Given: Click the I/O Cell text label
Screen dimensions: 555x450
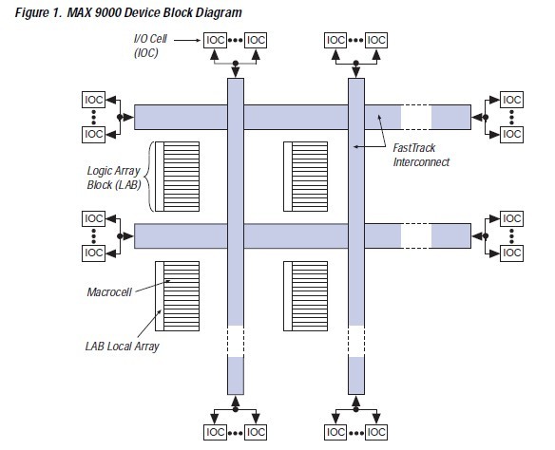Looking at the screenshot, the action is coord(150,39).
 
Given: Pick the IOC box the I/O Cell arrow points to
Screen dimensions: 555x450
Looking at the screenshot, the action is coord(215,40).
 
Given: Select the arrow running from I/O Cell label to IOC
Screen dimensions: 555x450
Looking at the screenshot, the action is coord(187,40).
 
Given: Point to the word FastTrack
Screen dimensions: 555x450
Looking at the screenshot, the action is coord(413,148).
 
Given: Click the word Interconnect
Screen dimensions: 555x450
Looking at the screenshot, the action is coord(421,162).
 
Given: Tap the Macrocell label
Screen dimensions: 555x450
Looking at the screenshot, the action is coord(109,292).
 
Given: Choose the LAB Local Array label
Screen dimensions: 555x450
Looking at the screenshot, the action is coord(122,347).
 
